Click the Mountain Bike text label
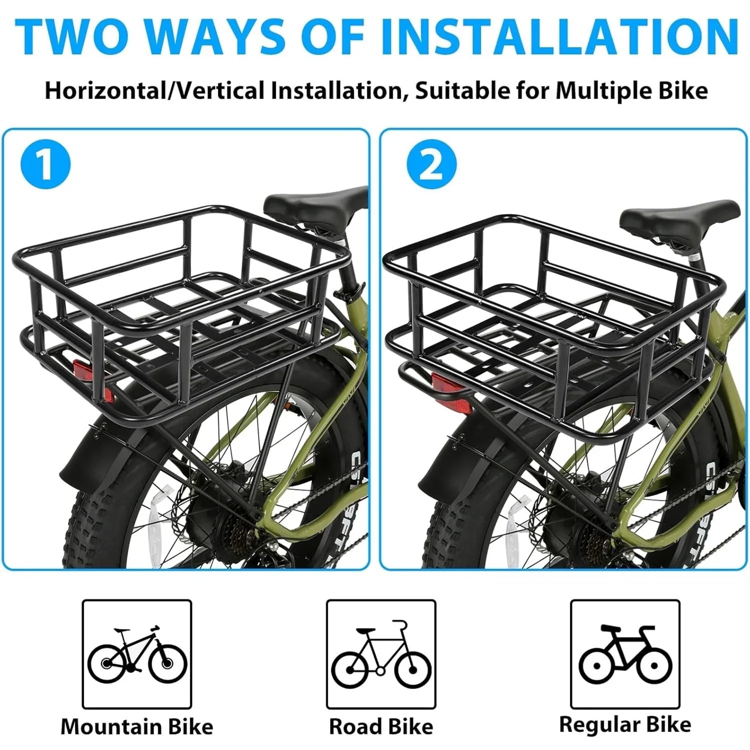coord(137,726)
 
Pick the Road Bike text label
coord(381,726)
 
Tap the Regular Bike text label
coord(625,724)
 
